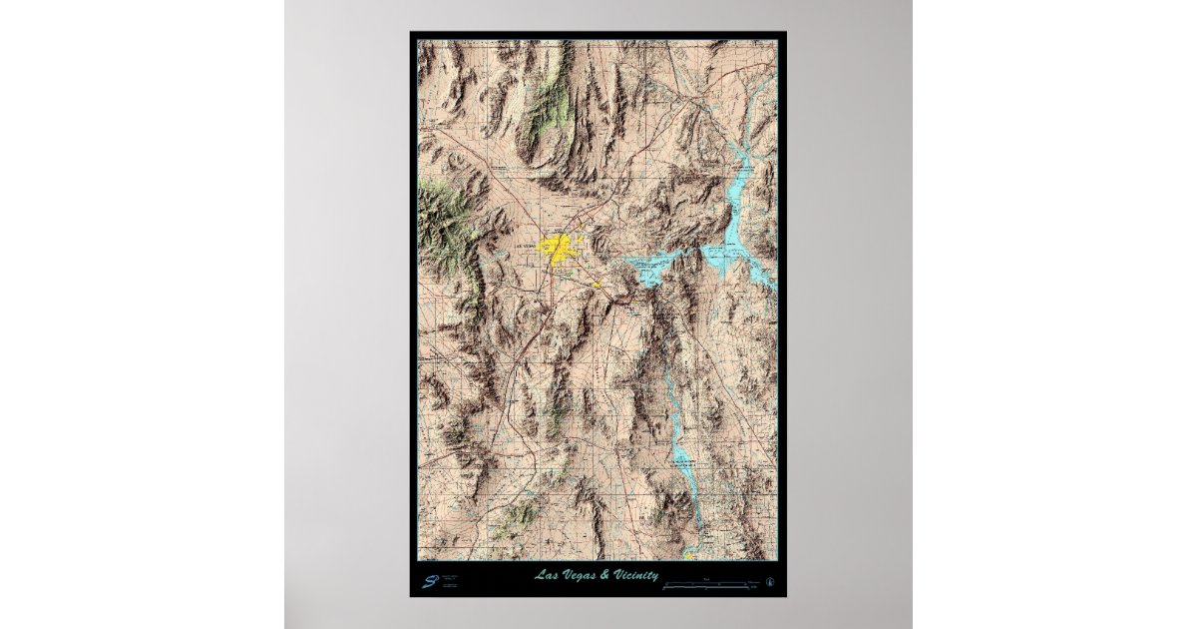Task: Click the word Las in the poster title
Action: pyautogui.click(x=545, y=575)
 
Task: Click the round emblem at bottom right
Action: pyautogui.click(x=769, y=580)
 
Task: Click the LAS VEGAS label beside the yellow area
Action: pyautogui.click(x=525, y=245)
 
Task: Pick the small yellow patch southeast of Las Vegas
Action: pyautogui.click(x=598, y=284)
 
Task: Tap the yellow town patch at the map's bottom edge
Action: pyautogui.click(x=689, y=553)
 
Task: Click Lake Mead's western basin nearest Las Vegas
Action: pyautogui.click(x=652, y=268)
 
